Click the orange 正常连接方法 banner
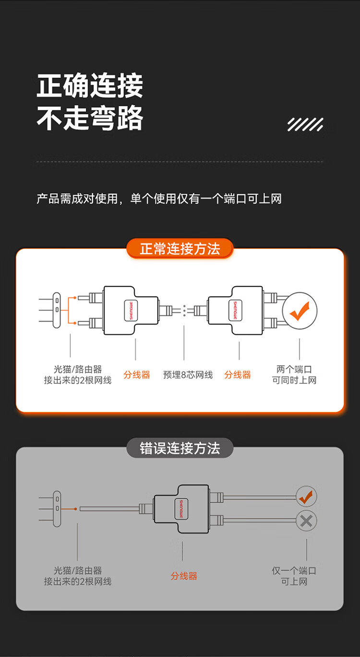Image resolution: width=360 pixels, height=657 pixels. (180, 249)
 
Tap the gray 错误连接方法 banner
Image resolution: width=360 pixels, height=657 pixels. (180, 448)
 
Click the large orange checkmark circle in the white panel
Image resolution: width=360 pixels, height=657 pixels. (300, 311)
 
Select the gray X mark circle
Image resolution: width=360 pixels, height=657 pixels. (306, 521)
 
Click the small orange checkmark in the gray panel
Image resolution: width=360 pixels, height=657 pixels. (306, 497)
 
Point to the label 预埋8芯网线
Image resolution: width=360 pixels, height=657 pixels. (188, 375)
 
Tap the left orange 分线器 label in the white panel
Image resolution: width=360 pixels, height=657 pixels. (137, 375)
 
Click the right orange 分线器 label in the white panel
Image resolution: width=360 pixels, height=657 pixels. (238, 375)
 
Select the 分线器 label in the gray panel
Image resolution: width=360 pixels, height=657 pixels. (184, 576)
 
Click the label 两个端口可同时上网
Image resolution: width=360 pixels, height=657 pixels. (294, 375)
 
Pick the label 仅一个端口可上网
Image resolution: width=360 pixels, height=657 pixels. (294, 576)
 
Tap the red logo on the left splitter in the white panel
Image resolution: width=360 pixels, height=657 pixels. (131, 310)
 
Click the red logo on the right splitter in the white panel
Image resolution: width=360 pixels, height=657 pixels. (235, 310)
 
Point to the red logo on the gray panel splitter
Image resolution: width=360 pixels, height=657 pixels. (181, 509)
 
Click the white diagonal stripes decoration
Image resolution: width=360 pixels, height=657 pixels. (305, 124)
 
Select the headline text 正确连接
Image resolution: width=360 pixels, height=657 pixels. (90, 85)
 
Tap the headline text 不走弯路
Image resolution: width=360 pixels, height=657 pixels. (90, 118)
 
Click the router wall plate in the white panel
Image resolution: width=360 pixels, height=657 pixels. (57, 310)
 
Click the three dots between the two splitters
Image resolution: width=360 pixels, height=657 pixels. (184, 311)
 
